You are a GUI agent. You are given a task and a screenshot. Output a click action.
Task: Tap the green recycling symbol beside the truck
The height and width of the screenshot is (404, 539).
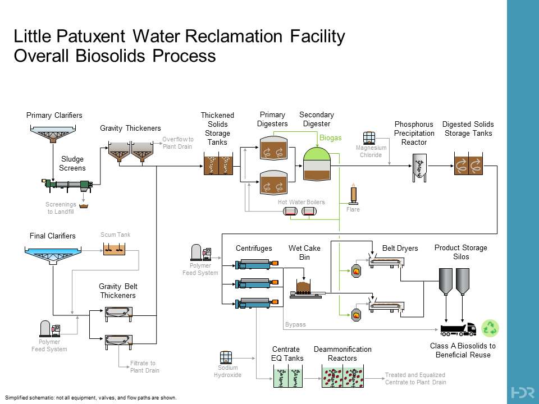coord(491,328)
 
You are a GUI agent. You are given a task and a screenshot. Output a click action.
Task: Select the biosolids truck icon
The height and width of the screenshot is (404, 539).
coord(458,329)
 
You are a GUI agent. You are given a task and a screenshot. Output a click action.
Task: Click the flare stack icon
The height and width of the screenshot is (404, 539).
coord(354,194)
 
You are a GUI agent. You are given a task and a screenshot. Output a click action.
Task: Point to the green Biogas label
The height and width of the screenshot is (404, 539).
coord(330,138)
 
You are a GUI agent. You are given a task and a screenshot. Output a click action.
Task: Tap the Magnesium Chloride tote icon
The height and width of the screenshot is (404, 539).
coord(369,138)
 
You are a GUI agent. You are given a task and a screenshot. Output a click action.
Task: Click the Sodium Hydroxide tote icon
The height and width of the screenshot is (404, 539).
coord(226,357)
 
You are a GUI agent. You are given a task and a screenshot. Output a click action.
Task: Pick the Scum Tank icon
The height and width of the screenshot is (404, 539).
coord(115,249)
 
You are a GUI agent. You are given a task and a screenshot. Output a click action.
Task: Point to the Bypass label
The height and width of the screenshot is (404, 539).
coord(295,324)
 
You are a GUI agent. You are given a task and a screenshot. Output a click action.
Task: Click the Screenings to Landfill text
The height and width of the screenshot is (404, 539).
coord(61,208)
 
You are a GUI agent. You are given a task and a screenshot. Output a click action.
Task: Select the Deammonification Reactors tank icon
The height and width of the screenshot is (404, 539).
coord(342,377)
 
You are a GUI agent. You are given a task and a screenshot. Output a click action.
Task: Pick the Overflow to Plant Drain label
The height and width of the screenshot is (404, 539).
coord(177,143)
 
